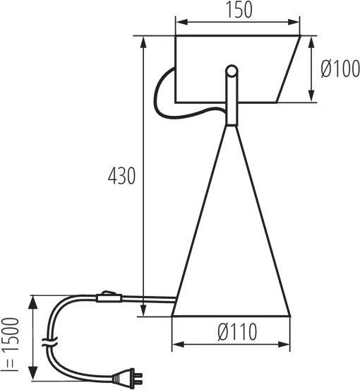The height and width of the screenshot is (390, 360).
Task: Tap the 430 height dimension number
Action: point(121,177)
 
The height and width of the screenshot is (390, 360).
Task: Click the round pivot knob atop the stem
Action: point(231,71)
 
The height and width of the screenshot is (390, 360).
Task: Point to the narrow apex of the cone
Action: point(231,127)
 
